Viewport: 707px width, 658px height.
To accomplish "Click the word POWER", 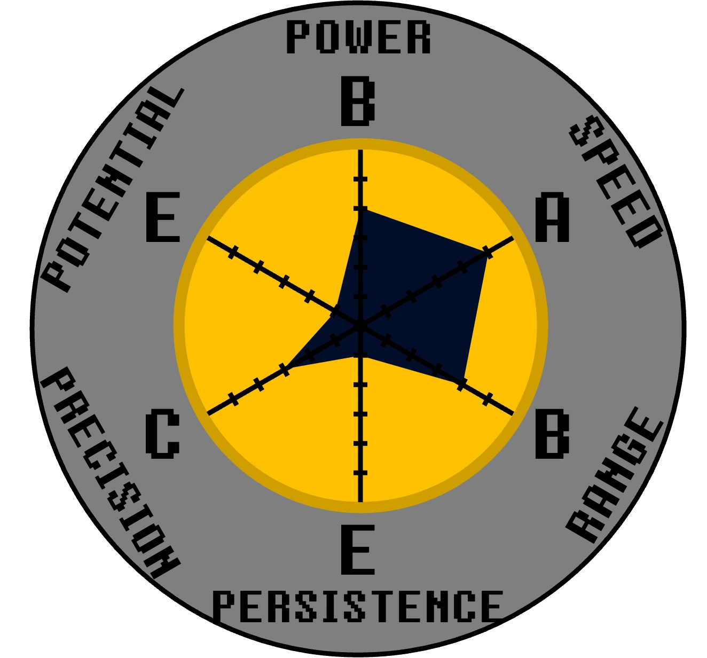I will point(358,37).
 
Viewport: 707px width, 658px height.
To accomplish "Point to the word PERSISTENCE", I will point(358,606).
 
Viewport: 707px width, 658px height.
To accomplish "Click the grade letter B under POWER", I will point(358,101).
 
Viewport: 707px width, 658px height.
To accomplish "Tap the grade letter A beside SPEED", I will point(552,218).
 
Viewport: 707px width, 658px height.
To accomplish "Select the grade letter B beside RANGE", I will point(552,434).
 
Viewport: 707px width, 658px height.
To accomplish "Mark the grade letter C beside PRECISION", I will point(162,434).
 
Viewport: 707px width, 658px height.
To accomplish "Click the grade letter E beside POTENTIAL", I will point(163,218).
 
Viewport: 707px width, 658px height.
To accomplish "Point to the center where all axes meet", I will point(360,325).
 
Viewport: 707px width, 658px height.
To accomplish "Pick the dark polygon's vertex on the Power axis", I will point(361,210).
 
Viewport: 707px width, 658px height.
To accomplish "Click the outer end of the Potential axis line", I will point(208,237).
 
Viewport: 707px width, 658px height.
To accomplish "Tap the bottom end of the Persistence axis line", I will point(360,501).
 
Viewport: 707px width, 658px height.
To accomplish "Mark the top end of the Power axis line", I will point(360,151).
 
